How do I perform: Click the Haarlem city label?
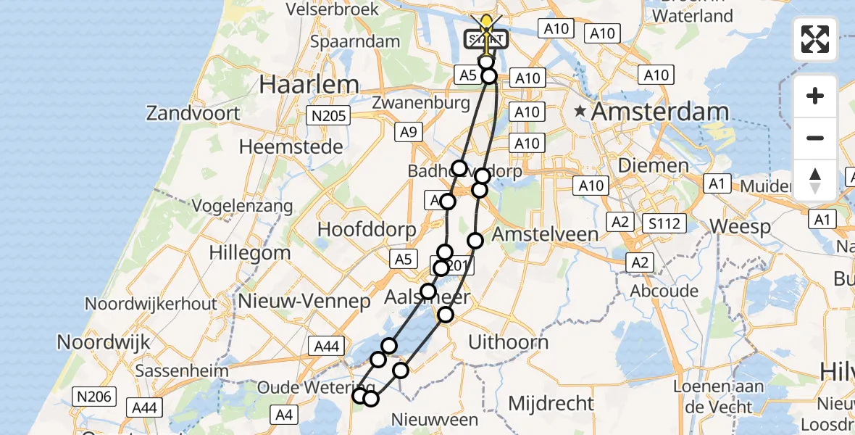309,85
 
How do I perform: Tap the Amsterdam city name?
660,112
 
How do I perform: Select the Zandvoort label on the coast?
193,113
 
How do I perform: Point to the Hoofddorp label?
367,230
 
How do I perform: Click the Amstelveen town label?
545,233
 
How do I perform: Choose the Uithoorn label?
509,341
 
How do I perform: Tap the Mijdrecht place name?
551,402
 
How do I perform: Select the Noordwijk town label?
103,341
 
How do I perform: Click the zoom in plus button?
815,96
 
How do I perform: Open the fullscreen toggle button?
815,39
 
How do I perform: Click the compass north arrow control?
815,180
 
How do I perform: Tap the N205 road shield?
328,115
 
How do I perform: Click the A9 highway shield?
406,132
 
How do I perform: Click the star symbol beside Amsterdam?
580,112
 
